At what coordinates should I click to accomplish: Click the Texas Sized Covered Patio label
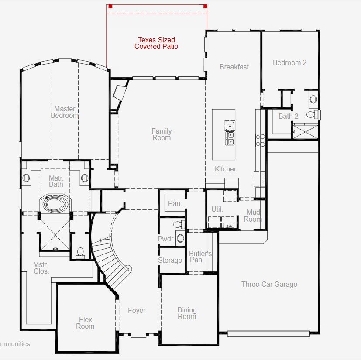click(x=156, y=43)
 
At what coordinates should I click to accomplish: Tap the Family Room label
click(x=162, y=134)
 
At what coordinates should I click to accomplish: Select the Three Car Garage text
click(x=269, y=284)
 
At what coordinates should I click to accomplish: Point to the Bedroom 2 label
click(x=289, y=62)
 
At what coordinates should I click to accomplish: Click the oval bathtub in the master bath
click(x=54, y=204)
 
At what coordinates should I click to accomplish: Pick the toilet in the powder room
click(x=179, y=224)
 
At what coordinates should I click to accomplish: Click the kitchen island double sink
click(x=230, y=138)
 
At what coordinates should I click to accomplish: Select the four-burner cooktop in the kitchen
click(x=261, y=141)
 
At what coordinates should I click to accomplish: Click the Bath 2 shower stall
click(x=305, y=132)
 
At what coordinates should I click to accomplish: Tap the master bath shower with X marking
click(x=55, y=235)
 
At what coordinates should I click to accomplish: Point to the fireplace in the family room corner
click(x=120, y=93)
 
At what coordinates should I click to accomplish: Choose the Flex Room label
click(x=85, y=323)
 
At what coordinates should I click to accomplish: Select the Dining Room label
click(x=187, y=313)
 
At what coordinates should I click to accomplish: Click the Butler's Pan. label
click(x=200, y=257)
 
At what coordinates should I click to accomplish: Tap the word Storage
click(x=170, y=261)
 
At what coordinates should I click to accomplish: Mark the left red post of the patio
click(x=110, y=6)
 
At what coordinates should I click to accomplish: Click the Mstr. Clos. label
click(x=41, y=268)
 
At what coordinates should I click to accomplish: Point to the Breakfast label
click(x=234, y=67)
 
